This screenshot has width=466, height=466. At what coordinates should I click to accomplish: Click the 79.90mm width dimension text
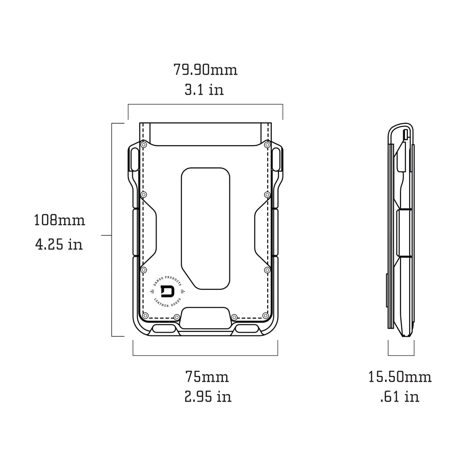click(x=205, y=70)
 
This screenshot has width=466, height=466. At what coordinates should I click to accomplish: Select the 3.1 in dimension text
click(x=204, y=90)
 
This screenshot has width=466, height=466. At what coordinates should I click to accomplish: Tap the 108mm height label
click(x=59, y=221)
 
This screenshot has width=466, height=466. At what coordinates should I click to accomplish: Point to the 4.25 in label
click(x=59, y=244)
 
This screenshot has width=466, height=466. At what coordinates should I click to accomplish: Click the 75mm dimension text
click(x=207, y=377)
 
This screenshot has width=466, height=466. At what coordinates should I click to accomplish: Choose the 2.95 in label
click(x=208, y=397)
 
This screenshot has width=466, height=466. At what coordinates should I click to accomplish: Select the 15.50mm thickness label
click(x=400, y=377)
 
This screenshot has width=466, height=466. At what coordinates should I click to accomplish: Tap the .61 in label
click(x=400, y=397)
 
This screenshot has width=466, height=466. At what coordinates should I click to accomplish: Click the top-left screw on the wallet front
click(x=144, y=145)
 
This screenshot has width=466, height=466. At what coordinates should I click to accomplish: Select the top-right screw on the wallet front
click(x=267, y=145)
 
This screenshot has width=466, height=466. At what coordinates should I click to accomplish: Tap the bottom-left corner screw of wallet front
click(x=145, y=316)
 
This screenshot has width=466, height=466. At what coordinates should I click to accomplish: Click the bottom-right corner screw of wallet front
click(x=265, y=316)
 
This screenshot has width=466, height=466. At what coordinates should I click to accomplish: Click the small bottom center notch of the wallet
click(x=205, y=317)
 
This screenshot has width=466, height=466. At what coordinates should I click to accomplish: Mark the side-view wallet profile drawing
click(x=401, y=230)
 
